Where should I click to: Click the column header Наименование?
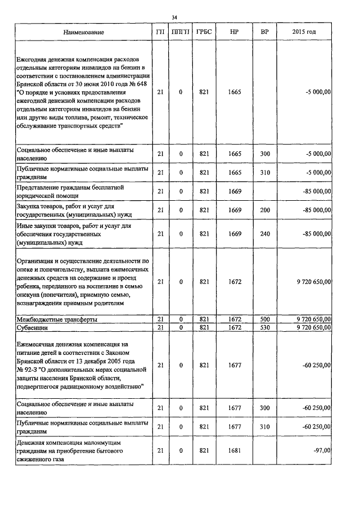coord(84,32)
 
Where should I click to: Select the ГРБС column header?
coord(204,32)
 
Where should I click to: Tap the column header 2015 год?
coord(304,32)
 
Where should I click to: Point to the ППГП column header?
coord(181,32)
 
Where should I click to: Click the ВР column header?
coord(264,32)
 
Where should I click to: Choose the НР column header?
coord(235,32)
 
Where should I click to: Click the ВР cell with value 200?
coord(264,210)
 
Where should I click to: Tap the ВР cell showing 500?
coord(264,319)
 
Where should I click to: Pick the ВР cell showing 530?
coord(264,327)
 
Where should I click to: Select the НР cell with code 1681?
coord(235,450)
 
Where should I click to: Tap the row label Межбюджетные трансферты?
coord(57,319)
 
